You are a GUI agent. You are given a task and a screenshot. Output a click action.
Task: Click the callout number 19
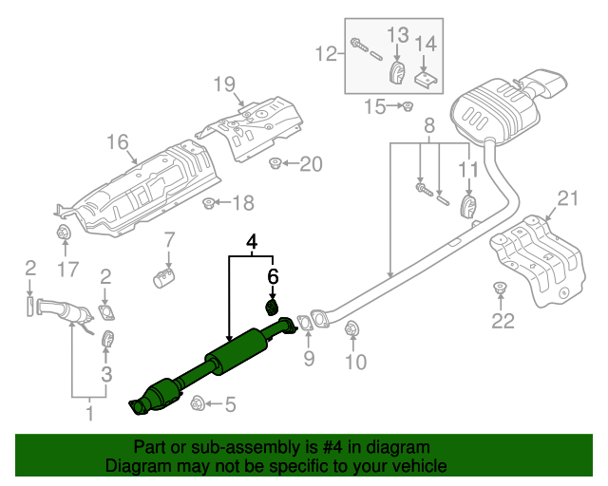223,85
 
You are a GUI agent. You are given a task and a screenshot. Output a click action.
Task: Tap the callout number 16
117,143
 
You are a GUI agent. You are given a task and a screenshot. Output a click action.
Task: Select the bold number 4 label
253,244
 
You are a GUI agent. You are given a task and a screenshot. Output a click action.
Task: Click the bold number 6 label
273,277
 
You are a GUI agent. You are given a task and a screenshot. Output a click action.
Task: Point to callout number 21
567,198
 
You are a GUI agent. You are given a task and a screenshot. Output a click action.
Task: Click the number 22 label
501,321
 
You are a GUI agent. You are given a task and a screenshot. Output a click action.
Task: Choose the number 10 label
354,361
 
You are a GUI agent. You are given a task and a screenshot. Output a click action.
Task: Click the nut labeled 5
199,402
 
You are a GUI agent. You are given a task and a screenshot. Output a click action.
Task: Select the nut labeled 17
65,234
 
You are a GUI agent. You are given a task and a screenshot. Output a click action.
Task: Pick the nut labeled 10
352,330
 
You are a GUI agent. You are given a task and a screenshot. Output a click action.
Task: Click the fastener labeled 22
499,287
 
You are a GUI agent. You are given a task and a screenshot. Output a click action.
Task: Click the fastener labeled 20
275,165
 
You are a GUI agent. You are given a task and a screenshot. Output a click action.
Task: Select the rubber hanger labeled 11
467,206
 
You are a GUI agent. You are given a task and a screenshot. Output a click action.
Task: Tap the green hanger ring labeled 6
271,307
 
